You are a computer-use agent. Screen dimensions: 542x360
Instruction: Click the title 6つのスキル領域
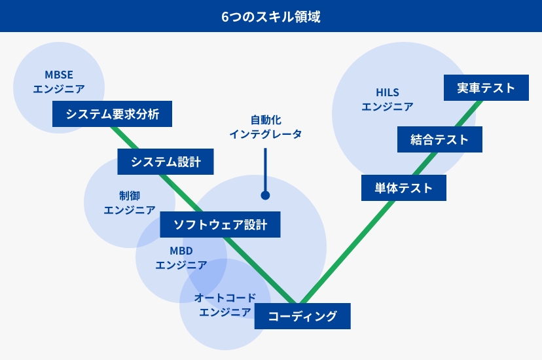pos(271,16)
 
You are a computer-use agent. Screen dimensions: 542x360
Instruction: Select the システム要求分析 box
pos(112,114)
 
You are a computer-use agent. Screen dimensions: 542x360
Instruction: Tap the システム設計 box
pos(166,162)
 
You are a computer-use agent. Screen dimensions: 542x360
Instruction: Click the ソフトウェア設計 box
pos(220,225)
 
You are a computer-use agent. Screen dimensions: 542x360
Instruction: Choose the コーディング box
pos(302,316)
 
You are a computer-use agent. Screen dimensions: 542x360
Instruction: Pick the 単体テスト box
pos(404,188)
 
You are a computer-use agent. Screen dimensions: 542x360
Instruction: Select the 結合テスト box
pos(440,139)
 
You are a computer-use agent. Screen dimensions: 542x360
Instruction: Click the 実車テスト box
pos(486,88)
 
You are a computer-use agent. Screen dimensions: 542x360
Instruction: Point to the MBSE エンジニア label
pos(59,82)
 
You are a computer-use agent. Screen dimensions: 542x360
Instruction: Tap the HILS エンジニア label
pos(388,99)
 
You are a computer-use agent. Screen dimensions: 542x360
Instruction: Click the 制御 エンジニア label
pos(130,203)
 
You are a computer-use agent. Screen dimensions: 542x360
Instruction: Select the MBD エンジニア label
pos(181,258)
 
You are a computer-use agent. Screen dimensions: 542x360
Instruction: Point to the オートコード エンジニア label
pos(225,305)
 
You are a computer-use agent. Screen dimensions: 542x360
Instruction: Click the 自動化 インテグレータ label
pos(266,127)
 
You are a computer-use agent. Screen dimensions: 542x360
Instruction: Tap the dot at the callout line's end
pos(266,196)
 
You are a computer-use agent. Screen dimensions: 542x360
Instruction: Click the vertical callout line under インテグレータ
pos(266,170)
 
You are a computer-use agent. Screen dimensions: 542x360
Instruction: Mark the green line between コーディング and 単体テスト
pos(348,252)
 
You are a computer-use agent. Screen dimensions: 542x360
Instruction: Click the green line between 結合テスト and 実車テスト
pos(469,114)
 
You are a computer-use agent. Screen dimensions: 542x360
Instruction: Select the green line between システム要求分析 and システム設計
pos(124,138)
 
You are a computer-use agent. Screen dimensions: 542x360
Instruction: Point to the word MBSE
pos(59,75)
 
